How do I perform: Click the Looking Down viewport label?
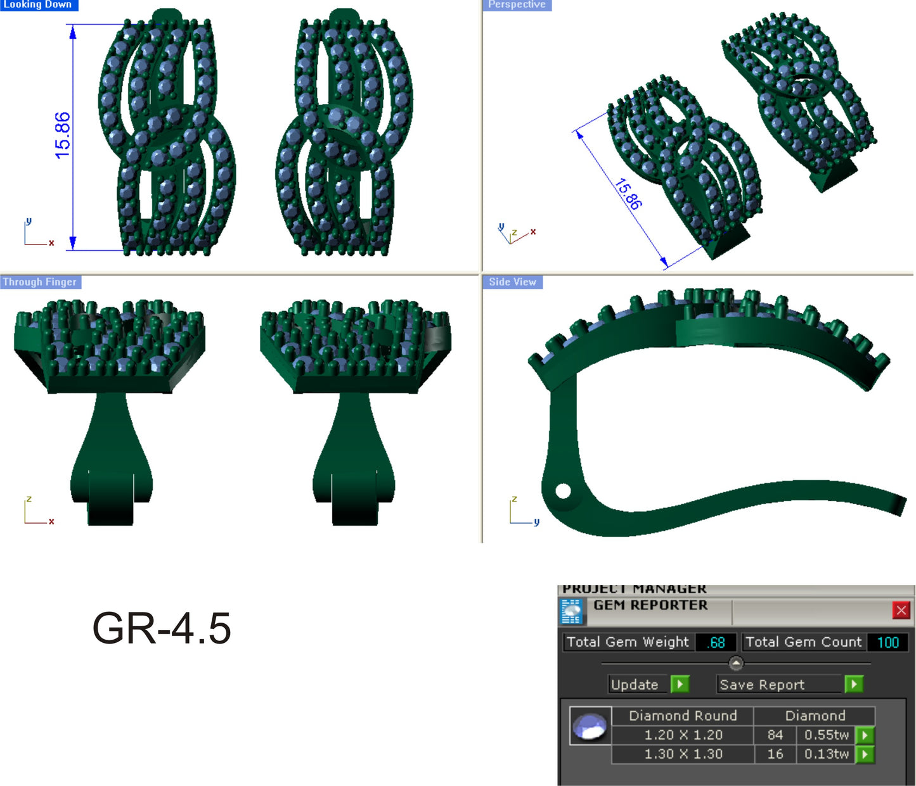click(38, 4)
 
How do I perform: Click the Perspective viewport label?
click(517, 4)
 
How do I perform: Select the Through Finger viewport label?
click(40, 282)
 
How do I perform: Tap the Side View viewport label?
click(512, 282)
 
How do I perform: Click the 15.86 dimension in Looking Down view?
click(63, 136)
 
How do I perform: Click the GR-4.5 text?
click(162, 628)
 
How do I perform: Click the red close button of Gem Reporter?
click(901, 610)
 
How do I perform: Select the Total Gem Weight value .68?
click(716, 642)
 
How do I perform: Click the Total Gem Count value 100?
click(887, 642)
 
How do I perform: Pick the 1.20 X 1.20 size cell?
click(683, 735)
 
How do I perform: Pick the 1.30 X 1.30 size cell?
click(683, 754)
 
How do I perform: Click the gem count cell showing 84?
click(775, 735)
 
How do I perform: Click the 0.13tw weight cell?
click(826, 754)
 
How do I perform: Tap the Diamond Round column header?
click(682, 716)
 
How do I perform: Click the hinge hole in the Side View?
click(563, 491)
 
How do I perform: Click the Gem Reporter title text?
click(650, 605)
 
